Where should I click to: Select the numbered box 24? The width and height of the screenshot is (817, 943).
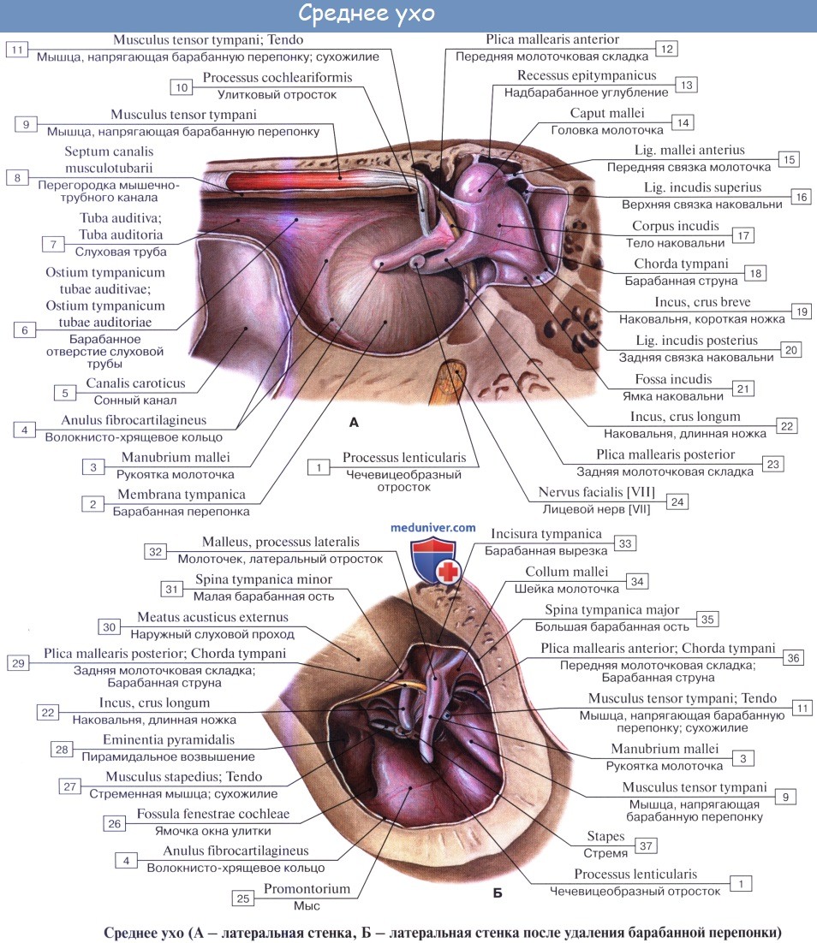[677, 501]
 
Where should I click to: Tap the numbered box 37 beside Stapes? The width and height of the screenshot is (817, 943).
[647, 845]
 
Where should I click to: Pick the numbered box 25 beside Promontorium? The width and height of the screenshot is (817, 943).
[242, 898]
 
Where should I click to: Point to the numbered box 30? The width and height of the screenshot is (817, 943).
[109, 626]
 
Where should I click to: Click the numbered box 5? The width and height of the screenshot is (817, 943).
[64, 393]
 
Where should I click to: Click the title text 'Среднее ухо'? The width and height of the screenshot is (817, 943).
[367, 15]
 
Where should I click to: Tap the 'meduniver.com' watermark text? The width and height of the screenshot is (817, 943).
[433, 528]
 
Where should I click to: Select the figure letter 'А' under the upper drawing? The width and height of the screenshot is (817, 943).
[354, 421]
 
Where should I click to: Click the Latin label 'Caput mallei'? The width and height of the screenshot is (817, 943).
[607, 114]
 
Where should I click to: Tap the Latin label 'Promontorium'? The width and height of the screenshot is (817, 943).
[307, 888]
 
